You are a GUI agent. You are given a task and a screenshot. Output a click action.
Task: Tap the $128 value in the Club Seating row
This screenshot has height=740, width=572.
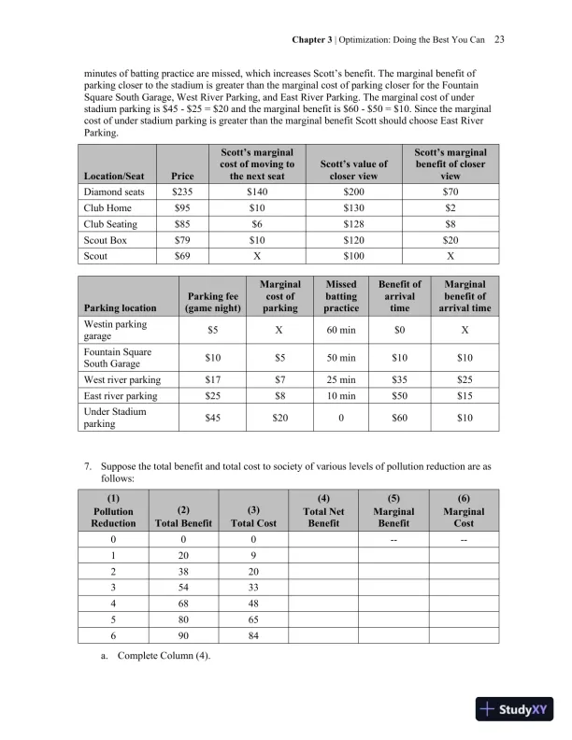(x=347, y=223)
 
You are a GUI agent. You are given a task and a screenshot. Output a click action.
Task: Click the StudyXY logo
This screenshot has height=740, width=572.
(x=514, y=709)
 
